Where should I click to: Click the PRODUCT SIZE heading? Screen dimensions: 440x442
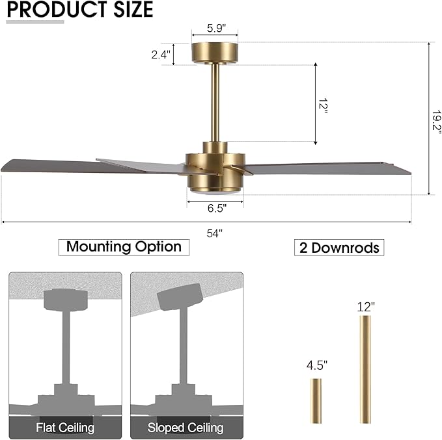(80, 10)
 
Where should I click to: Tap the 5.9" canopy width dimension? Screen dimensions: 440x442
(215, 29)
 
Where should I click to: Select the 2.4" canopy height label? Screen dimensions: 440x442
(161, 55)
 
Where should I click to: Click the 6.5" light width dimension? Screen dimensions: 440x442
(215, 209)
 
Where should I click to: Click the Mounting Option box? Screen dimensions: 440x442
(124, 247)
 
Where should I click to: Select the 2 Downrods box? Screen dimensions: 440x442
(339, 248)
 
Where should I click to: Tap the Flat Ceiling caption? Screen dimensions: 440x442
(65, 428)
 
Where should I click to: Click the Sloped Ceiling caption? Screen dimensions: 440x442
(186, 428)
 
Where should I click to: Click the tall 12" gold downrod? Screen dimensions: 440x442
(365, 369)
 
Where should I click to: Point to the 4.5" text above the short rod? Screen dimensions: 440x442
(316, 365)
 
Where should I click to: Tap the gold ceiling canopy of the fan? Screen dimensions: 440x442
(215, 53)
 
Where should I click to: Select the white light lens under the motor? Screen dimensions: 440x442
(215, 193)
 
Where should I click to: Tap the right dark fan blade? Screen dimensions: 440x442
(325, 168)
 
